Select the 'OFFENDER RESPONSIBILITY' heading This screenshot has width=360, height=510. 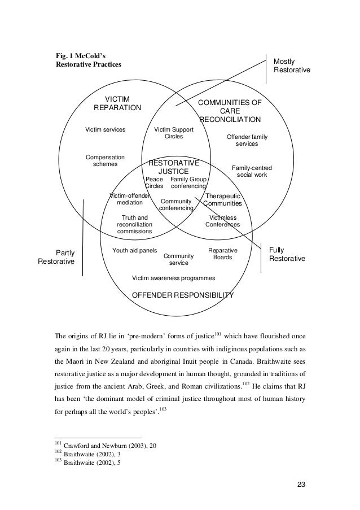pos(182,295)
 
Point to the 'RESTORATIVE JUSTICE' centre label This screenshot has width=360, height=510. pos(173,167)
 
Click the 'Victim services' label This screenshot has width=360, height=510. pos(105,130)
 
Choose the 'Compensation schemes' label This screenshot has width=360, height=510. pos(105,160)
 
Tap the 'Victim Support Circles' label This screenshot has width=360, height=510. pos(174,133)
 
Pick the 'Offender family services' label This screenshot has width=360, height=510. pos(247,141)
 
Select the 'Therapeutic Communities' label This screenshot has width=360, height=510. pos(222,199)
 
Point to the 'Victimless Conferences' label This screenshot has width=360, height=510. pos(222,221)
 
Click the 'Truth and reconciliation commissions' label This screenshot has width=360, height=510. pos(134,224)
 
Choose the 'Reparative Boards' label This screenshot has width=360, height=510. pos(222,254)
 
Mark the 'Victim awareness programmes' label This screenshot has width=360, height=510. pos(173,278)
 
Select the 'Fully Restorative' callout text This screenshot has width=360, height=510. pos(287,254)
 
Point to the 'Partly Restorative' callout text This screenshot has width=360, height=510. pos(56,257)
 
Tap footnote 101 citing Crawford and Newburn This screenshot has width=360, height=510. pos(105,446)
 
